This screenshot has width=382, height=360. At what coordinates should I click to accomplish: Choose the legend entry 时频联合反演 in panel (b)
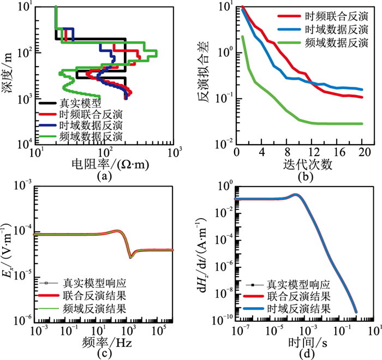click(333, 16)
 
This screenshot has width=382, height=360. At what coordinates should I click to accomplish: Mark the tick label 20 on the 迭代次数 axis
click(362, 152)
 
